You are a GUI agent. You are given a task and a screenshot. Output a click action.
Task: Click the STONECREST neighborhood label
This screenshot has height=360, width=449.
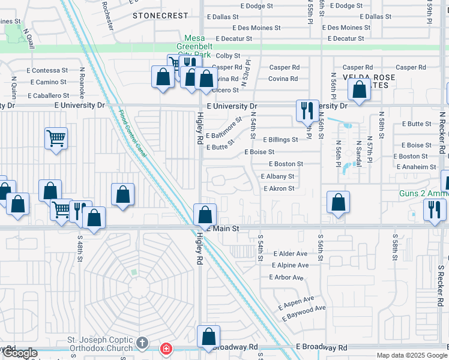[156, 16]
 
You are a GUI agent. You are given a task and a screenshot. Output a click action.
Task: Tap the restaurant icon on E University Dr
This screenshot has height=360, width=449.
[307, 110]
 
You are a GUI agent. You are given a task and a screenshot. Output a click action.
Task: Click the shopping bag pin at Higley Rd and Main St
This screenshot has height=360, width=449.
[205, 214]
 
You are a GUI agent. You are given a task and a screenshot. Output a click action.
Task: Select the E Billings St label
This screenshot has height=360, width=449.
[280, 140]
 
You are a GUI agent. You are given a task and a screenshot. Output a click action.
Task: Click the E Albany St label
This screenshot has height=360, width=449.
[277, 176]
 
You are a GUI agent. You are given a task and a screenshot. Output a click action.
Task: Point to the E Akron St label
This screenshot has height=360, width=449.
[279, 188]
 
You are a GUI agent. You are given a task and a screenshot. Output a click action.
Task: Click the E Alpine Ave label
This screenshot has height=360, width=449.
[290, 265]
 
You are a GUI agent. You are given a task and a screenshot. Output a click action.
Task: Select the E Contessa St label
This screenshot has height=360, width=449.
[47, 70]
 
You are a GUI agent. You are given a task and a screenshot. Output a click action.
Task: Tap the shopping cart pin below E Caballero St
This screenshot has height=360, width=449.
[56, 139]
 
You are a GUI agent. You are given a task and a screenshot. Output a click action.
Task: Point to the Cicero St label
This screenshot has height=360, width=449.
[225, 91]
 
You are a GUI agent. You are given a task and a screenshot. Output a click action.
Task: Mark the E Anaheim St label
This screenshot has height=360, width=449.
[415, 167]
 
